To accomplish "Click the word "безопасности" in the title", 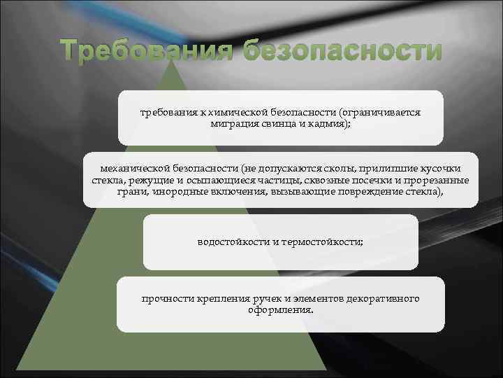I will point(343,52).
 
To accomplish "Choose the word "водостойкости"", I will point(233,242).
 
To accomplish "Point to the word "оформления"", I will point(279,309).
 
